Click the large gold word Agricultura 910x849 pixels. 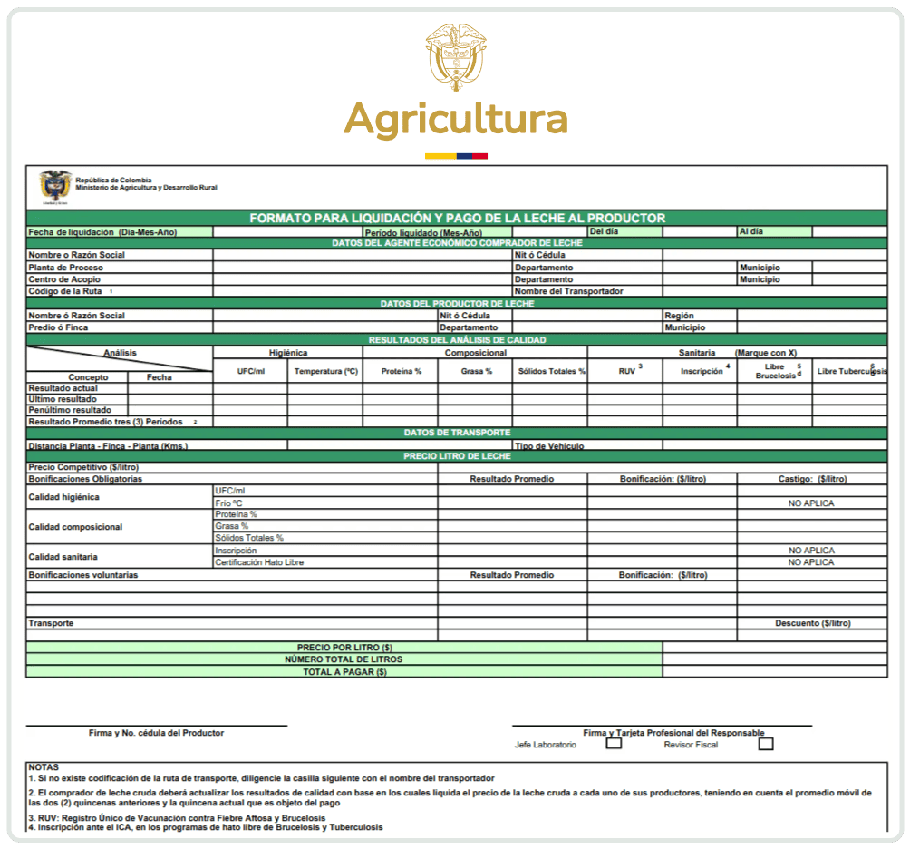click(x=455, y=119)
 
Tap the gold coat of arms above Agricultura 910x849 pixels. click(x=456, y=56)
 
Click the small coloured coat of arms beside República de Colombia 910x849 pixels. click(x=54, y=186)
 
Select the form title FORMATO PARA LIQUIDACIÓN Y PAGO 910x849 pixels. click(x=457, y=218)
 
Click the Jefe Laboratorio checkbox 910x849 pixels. click(x=614, y=744)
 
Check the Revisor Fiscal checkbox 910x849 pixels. click(x=766, y=744)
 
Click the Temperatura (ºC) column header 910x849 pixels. click(x=325, y=372)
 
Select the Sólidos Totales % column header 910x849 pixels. click(x=551, y=372)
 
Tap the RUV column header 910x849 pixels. click(x=626, y=372)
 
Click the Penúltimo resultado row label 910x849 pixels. click(x=63, y=410)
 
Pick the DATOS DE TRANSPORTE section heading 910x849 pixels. click(x=457, y=433)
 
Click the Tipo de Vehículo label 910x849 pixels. click(x=549, y=445)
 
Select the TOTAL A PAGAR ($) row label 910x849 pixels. click(x=344, y=672)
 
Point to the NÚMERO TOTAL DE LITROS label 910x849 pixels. click(x=344, y=659)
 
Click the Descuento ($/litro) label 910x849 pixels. click(x=812, y=623)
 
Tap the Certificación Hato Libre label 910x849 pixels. click(x=259, y=562)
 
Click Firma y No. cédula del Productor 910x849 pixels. click(x=156, y=732)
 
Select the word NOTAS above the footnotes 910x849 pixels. click(x=44, y=767)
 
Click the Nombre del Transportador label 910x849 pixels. click(x=568, y=291)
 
